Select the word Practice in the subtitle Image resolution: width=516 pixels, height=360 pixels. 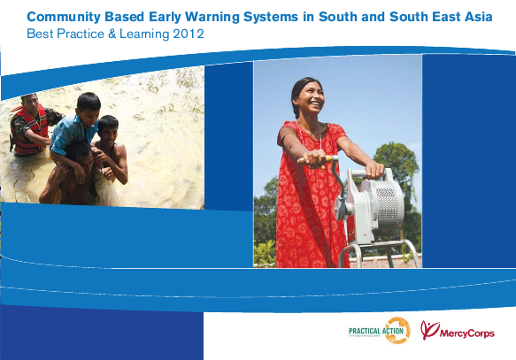(79, 34)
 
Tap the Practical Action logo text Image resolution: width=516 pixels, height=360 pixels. (366, 330)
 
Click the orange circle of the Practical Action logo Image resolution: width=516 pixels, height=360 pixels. (397, 329)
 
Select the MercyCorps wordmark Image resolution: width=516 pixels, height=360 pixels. (468, 333)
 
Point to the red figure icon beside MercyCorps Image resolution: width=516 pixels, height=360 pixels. (429, 330)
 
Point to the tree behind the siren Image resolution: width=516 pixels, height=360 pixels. (396, 159)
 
